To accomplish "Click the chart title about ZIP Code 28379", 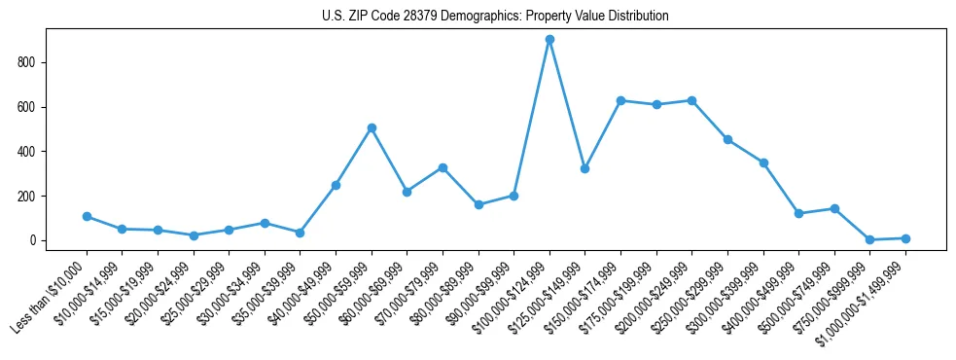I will click(495, 17).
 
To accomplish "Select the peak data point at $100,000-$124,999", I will click(549, 40).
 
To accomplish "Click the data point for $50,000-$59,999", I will click(372, 127).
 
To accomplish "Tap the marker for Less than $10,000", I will click(87, 216).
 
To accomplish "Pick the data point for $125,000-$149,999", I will click(584, 168).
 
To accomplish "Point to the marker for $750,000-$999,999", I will click(869, 239).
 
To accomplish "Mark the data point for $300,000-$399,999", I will click(763, 162).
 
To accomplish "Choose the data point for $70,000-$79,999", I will click(443, 167).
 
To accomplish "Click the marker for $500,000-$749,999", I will click(834, 208).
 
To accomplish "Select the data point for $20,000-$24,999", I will click(194, 235).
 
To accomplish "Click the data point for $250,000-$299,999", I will click(727, 139).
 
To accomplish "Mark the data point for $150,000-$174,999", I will click(620, 101).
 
